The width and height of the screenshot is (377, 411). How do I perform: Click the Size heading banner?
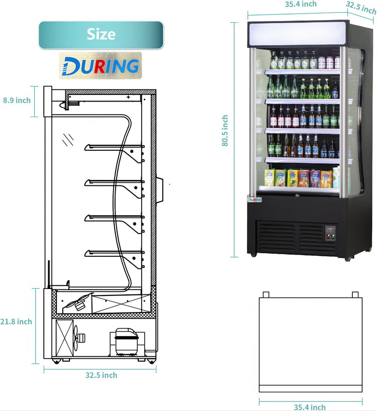(x=101, y=35)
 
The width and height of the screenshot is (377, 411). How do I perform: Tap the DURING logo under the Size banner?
(x=100, y=66)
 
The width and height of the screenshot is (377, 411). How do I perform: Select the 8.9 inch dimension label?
(x=17, y=100)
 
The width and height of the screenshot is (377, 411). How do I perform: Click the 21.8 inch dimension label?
(x=17, y=322)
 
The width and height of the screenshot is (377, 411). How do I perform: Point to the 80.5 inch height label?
(x=225, y=131)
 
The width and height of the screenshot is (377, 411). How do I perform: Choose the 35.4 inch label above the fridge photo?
(x=301, y=4)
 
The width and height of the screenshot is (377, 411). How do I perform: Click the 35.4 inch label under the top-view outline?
(x=310, y=407)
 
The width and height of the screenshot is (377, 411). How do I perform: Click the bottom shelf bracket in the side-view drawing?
(x=135, y=259)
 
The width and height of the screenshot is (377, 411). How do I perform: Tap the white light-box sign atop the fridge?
(x=297, y=34)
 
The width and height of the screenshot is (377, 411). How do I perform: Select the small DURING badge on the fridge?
(x=255, y=199)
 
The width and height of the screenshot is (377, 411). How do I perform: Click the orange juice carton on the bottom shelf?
(x=303, y=178)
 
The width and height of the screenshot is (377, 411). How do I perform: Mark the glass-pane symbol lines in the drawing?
(x=68, y=139)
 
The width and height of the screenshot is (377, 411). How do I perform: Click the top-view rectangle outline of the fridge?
(x=310, y=344)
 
